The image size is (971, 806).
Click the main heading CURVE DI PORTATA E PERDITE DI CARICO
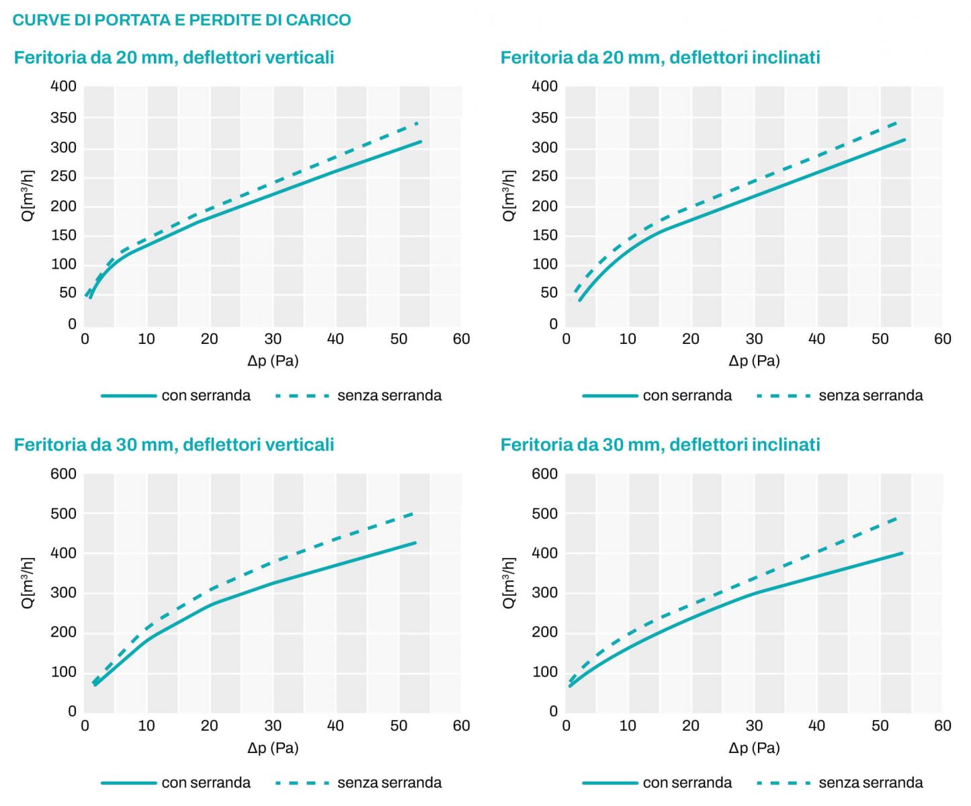181,19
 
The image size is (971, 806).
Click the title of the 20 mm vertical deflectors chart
174,57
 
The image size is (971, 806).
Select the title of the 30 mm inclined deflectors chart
660,444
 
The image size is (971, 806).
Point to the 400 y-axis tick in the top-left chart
64,86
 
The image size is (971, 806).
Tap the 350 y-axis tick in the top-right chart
545,118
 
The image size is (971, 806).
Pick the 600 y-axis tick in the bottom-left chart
64,474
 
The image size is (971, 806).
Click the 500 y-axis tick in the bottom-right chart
545,513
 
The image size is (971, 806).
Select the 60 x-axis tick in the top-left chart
462,339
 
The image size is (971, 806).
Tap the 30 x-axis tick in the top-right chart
754,339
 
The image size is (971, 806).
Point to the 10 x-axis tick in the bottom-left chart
146,725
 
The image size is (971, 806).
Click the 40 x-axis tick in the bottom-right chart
816,725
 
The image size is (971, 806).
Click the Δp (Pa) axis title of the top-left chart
273,361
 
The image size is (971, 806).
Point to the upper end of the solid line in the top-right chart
904,140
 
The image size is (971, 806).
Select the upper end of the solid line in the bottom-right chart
902,553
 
